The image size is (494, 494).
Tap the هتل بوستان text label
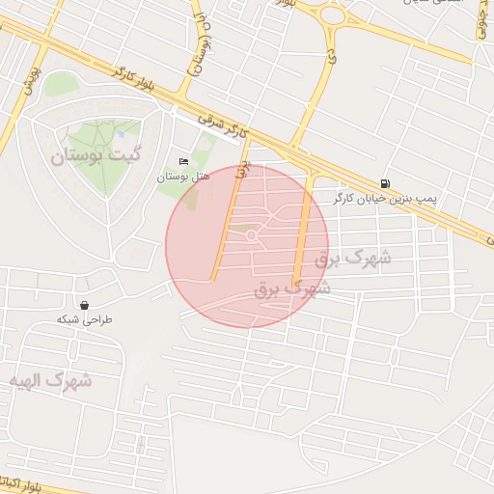(181, 177)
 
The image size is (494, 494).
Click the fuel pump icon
(386, 183)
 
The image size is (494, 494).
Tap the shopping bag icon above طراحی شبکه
(85, 305)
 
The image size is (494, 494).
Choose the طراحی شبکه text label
(85, 319)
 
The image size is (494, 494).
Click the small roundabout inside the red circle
(250, 234)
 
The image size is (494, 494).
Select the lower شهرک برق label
(293, 288)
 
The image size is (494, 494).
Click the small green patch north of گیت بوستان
(60, 84)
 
